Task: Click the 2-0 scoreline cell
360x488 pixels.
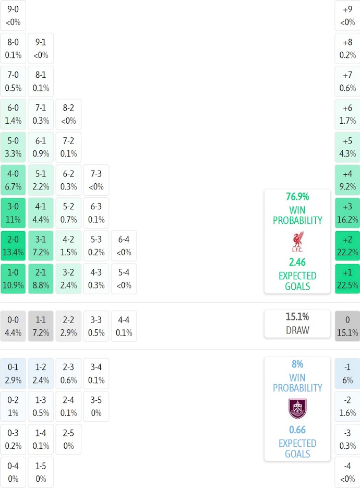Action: [13, 246]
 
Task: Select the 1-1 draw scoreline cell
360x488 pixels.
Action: [41, 326]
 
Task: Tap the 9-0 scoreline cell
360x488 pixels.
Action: [13, 16]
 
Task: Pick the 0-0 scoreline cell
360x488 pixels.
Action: [13, 326]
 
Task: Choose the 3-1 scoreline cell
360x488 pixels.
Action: [41, 246]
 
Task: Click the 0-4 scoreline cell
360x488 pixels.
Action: [13, 472]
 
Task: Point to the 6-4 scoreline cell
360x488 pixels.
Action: [124, 246]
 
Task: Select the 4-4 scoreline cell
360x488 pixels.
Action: [124, 326]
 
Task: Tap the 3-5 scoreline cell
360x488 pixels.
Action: [96, 406]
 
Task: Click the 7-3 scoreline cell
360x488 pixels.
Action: [96, 180]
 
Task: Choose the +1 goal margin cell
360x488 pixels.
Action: [347, 279]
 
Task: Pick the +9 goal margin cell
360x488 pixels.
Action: [347, 16]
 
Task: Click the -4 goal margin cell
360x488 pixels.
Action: [347, 472]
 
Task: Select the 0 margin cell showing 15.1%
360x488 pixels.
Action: [347, 326]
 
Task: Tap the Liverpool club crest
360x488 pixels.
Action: [297, 243]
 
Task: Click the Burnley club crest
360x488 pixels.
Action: [297, 409]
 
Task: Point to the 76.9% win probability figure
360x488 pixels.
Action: [297, 197]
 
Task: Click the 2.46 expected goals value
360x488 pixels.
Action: [297, 263]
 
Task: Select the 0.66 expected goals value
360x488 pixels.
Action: [297, 430]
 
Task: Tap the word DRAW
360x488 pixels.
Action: [297, 330]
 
